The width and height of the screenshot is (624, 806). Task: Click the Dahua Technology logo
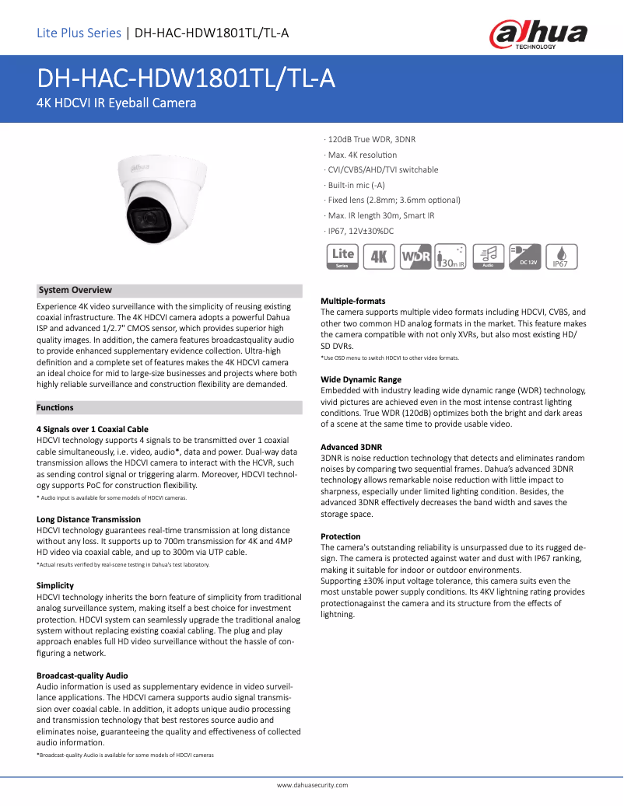(538, 33)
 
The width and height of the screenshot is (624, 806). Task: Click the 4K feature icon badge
(380, 256)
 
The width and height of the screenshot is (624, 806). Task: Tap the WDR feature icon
(415, 256)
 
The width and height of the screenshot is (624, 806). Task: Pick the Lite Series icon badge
(343, 256)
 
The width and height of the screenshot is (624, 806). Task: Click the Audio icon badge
(489, 256)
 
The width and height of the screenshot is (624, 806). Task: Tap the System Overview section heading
(75, 290)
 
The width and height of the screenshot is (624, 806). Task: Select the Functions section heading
(55, 407)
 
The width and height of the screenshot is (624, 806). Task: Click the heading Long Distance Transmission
(89, 519)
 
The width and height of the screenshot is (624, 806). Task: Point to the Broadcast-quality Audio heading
(82, 675)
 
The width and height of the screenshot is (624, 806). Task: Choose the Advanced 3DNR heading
(352, 447)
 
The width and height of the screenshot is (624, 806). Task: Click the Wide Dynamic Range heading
(361, 379)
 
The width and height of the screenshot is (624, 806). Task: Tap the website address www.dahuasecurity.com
(312, 785)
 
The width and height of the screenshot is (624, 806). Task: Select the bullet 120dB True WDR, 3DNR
(370, 139)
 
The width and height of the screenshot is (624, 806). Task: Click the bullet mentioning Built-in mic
(356, 185)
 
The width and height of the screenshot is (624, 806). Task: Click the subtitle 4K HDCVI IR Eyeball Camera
(117, 103)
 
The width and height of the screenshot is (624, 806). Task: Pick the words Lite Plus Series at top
(79, 33)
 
